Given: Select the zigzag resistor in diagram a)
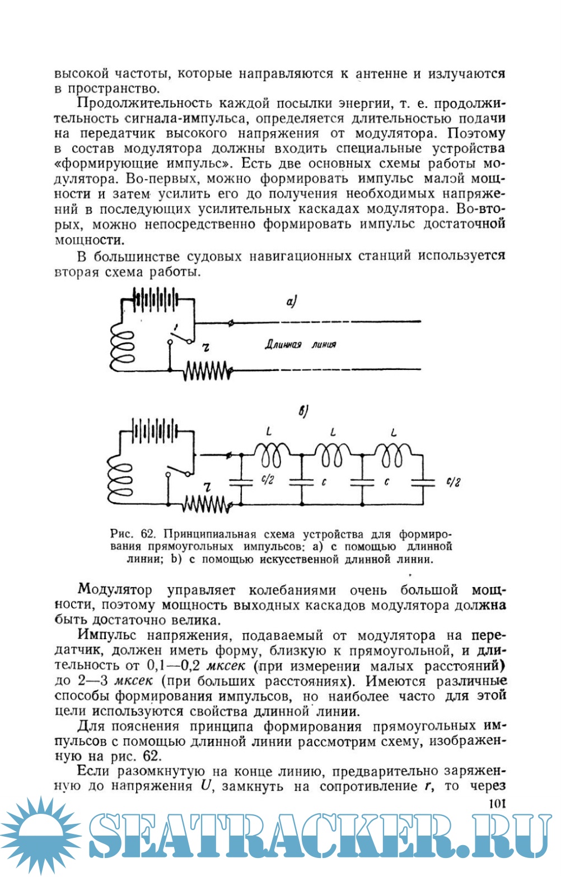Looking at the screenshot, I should point(205,371).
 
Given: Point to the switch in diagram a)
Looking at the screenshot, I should point(180,334).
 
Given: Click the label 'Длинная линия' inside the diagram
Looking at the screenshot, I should point(300,345).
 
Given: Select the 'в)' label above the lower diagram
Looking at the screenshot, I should point(303,412).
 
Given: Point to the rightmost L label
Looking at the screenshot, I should point(394,433).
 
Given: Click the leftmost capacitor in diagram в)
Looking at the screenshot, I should point(241,481).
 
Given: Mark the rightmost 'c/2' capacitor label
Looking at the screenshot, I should point(453,482).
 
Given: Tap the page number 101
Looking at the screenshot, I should point(497,804).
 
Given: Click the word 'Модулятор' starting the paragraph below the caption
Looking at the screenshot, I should point(115,590).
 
